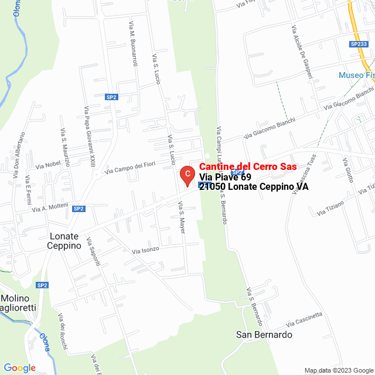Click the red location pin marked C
[186, 175]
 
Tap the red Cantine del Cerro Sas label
[248, 167]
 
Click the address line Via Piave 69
[225, 177]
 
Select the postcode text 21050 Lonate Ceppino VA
[254, 187]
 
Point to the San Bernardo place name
[264, 335]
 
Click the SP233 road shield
[358, 44]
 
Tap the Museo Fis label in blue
[356, 75]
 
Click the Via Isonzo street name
[145, 250]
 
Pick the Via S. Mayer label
[181, 218]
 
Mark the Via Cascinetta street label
[304, 320]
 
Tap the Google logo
[20, 368]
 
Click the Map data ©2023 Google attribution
[339, 370]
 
